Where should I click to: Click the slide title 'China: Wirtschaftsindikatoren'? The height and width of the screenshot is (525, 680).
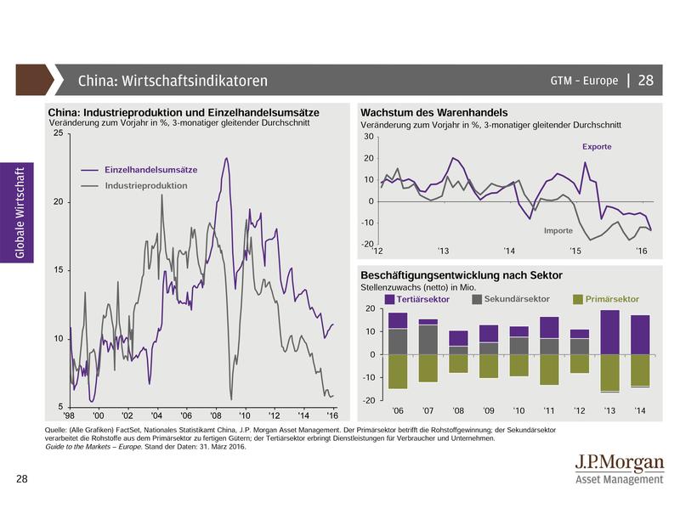pos(173,81)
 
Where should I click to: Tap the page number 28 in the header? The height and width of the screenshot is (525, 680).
pos(645,81)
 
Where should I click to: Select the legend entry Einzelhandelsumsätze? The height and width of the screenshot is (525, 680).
pos(150,170)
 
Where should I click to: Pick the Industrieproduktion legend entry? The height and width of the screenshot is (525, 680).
pos(145,185)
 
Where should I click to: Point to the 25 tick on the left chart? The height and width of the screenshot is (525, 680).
pos(56,134)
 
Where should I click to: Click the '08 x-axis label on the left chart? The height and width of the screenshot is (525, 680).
pos(215,415)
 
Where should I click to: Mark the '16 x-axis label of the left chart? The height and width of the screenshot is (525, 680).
pos(332,415)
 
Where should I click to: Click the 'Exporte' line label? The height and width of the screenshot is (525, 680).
pos(597,147)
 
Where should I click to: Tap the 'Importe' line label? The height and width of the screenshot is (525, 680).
pos(558,230)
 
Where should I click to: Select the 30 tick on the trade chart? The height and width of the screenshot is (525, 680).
pos(368,137)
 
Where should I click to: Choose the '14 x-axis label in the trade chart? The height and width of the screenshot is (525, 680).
pos(508,251)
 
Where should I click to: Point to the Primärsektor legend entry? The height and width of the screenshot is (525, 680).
pos(608,299)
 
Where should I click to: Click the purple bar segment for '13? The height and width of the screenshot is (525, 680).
pos(609,332)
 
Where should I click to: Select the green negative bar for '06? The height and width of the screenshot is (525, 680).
pos(399,371)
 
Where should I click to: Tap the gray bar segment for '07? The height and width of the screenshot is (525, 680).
pos(428,339)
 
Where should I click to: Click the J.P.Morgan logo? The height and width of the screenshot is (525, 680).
pos(618,469)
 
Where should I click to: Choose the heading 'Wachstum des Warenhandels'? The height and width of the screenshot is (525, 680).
pos(434,112)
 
